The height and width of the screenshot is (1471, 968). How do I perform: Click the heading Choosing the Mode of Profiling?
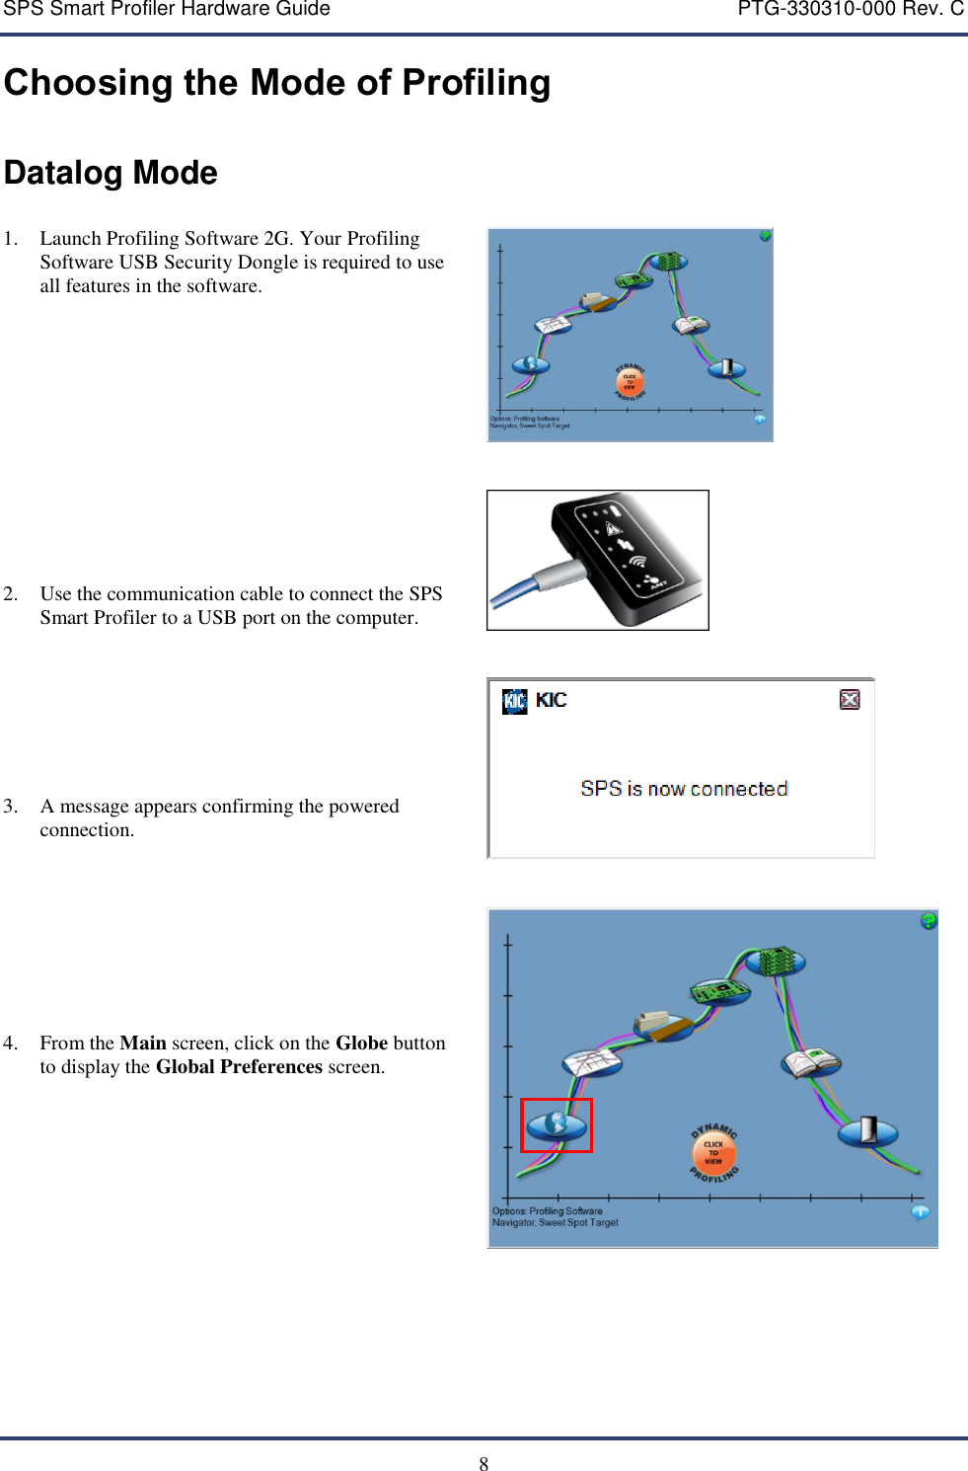277,83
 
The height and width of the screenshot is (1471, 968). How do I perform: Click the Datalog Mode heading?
111,173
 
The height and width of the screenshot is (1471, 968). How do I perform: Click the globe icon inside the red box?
557,1123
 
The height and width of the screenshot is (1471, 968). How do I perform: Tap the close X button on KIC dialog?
850,699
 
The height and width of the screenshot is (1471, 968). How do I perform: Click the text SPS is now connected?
684,789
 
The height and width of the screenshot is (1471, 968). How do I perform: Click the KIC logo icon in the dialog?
515,701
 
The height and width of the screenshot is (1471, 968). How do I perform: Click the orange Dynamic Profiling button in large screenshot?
713,1152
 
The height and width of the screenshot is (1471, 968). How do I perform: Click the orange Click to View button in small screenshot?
630,381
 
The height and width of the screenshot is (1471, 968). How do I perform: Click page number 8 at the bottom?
484,1464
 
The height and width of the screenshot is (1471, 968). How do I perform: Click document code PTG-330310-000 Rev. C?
851,10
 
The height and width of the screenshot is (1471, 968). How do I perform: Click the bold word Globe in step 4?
361,1044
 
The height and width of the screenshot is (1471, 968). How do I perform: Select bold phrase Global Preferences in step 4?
239,1067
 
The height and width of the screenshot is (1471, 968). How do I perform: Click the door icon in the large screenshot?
868,1129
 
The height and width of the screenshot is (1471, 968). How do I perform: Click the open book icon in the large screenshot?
811,1062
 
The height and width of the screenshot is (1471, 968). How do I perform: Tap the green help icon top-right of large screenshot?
929,920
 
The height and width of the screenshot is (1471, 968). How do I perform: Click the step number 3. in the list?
11,807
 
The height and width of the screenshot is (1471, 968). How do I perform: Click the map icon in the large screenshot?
592,1062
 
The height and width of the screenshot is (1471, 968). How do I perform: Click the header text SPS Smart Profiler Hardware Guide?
167,10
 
